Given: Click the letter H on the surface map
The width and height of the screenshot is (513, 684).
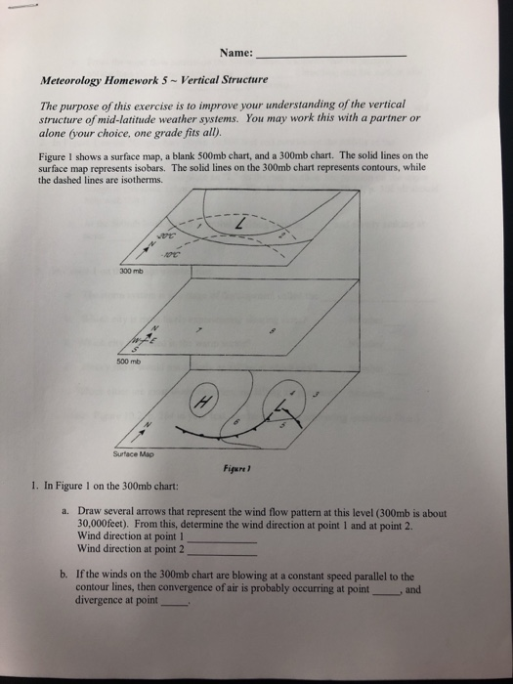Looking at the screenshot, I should click(x=205, y=401).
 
